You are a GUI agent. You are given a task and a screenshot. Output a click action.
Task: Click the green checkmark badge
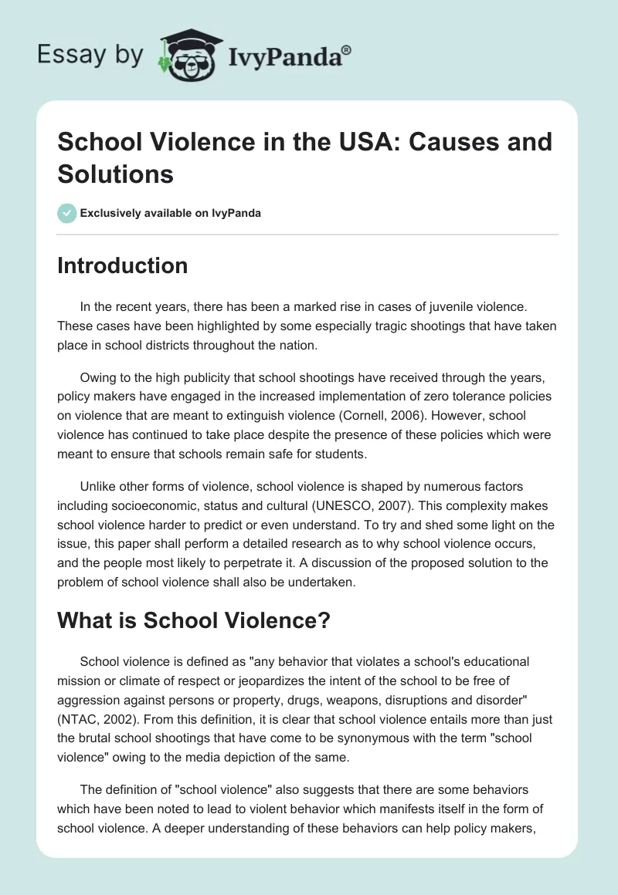point(66,213)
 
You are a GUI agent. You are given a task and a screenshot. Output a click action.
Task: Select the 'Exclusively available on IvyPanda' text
point(171,214)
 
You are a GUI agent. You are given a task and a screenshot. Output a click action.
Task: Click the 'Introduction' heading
point(123,265)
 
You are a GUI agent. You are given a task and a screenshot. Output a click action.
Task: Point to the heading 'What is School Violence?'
point(193,620)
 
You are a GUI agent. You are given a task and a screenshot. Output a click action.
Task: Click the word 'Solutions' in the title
point(116,174)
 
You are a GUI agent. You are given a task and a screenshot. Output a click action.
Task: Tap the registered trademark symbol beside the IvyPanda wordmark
point(346,50)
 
